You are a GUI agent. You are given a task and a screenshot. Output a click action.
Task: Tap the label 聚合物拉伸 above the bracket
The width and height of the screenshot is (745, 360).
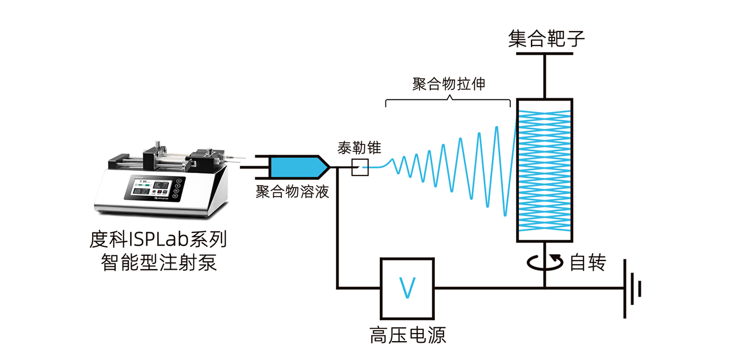pos(449,84)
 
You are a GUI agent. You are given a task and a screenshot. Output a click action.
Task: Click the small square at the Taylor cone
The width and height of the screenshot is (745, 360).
pos(360,167)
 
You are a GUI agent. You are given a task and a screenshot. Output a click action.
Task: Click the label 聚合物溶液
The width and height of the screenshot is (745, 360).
pos(292,192)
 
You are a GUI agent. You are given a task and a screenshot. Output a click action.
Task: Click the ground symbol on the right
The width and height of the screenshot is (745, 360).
pos(632,287)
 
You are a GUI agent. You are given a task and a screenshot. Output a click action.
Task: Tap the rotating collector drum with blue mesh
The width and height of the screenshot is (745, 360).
pos(545,170)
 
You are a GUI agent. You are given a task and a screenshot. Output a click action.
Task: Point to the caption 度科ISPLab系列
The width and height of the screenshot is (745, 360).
pos(158,238)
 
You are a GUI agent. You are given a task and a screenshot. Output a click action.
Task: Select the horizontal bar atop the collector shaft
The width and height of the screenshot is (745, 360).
pos(545,54)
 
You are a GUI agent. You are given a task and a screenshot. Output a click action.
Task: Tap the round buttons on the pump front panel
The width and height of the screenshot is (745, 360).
pos(179,187)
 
